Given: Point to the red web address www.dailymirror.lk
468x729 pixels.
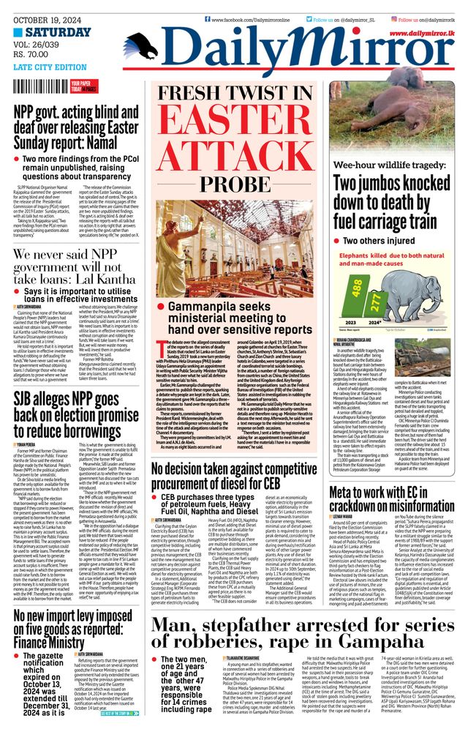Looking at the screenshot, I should pos(427,34).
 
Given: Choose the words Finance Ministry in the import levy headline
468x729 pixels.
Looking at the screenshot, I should pos(51,643).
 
